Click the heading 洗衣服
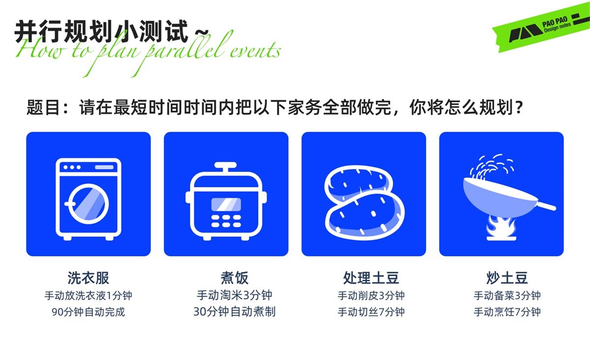tap(88, 278)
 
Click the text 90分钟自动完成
tap(88, 312)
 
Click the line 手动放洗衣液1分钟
tap(88, 296)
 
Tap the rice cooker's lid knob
tap(226, 166)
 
